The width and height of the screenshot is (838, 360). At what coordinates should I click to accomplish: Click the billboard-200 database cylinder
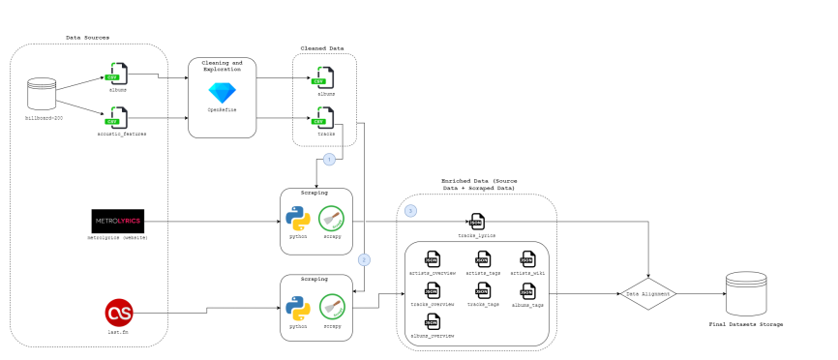[x=42, y=94]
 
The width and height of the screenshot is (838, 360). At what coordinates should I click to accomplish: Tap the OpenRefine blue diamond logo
[x=222, y=93]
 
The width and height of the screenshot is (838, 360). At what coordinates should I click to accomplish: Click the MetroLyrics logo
[x=117, y=220]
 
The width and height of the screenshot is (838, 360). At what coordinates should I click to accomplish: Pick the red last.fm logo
[x=118, y=312]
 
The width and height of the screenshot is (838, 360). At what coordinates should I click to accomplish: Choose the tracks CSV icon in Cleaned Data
[x=324, y=117]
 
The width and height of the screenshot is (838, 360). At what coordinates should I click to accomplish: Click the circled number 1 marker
[x=329, y=158]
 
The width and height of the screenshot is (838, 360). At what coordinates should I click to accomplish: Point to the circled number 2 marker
[x=364, y=259]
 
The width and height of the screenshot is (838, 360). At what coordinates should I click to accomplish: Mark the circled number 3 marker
[x=410, y=210]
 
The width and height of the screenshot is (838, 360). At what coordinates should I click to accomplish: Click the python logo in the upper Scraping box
[x=297, y=219]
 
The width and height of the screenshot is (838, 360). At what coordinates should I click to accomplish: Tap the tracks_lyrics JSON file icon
[x=476, y=222]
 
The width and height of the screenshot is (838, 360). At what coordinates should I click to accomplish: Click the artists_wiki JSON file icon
[x=527, y=258]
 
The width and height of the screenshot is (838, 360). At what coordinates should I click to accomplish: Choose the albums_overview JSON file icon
[x=432, y=322]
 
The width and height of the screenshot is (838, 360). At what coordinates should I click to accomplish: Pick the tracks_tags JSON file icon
[x=482, y=291]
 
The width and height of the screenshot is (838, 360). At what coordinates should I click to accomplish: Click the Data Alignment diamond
[x=648, y=292]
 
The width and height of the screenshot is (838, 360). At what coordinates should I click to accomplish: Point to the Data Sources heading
[x=87, y=37]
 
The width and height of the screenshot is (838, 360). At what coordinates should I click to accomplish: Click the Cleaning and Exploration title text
[x=222, y=66]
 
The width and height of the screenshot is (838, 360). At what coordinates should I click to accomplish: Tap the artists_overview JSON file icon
[x=432, y=258]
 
